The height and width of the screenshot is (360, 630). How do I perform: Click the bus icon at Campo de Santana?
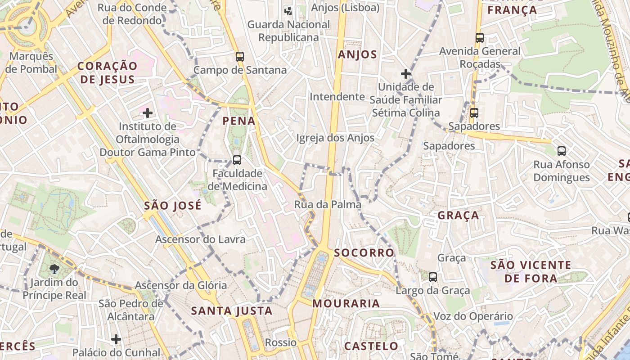coord(239,57)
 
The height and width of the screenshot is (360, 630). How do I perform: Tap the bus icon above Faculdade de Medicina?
coord(237,160)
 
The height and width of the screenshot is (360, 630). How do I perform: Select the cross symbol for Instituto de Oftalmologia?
coord(147,112)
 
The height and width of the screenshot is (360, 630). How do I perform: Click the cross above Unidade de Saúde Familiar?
coord(406,73)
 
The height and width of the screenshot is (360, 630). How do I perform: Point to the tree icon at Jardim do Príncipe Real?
coord(55,269)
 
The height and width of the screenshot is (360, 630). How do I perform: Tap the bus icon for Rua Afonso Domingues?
coord(561,151)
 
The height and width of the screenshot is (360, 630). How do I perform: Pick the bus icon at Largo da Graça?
coord(432,277)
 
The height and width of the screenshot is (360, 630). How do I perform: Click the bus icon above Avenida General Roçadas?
coord(480,38)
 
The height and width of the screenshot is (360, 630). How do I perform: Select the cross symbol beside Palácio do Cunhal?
coord(116,339)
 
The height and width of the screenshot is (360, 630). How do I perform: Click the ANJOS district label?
coord(357,55)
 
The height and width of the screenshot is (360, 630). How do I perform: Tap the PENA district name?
coord(239,121)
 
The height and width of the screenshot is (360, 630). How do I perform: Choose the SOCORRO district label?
coord(364,253)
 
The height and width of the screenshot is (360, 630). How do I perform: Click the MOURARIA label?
coord(346,304)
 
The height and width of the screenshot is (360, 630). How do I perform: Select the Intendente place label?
coord(337,97)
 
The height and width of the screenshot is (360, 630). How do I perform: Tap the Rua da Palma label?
coord(328,205)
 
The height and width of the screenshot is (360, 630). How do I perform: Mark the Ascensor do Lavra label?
coord(200,239)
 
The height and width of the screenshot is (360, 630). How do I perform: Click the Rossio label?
coord(280,343)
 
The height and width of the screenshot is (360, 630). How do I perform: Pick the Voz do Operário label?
coord(472,316)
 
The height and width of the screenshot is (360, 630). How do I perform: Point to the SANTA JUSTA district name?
coord(232,311)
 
